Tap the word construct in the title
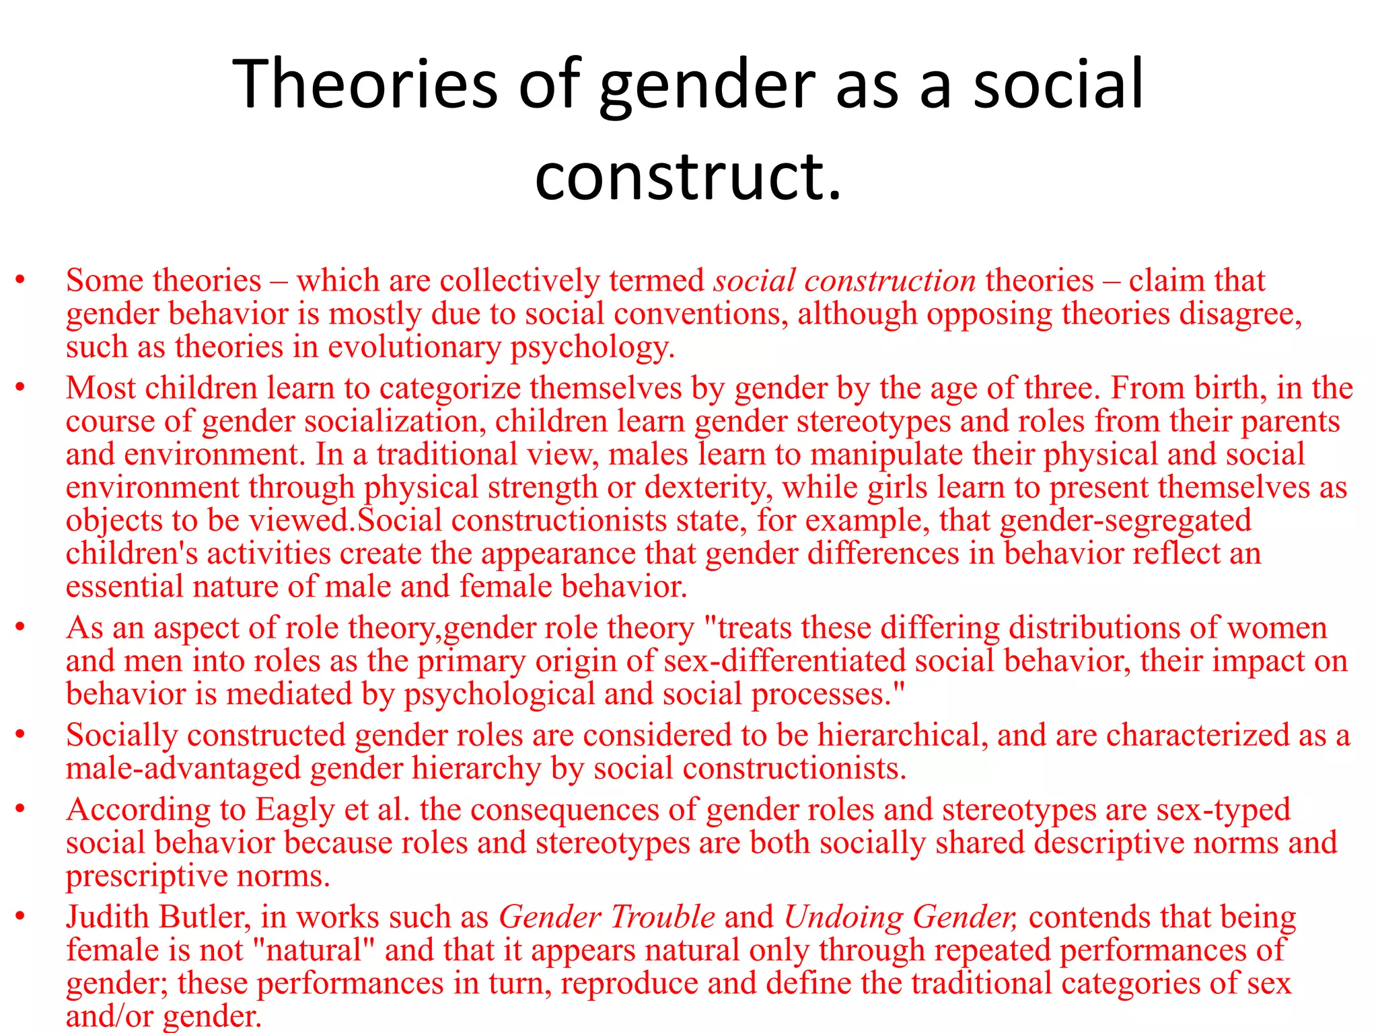(678, 176)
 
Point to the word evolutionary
(413, 347)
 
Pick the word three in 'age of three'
(1062, 388)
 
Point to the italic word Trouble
(662, 917)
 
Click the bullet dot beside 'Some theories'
(20, 280)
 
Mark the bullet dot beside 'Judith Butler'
(20, 917)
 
